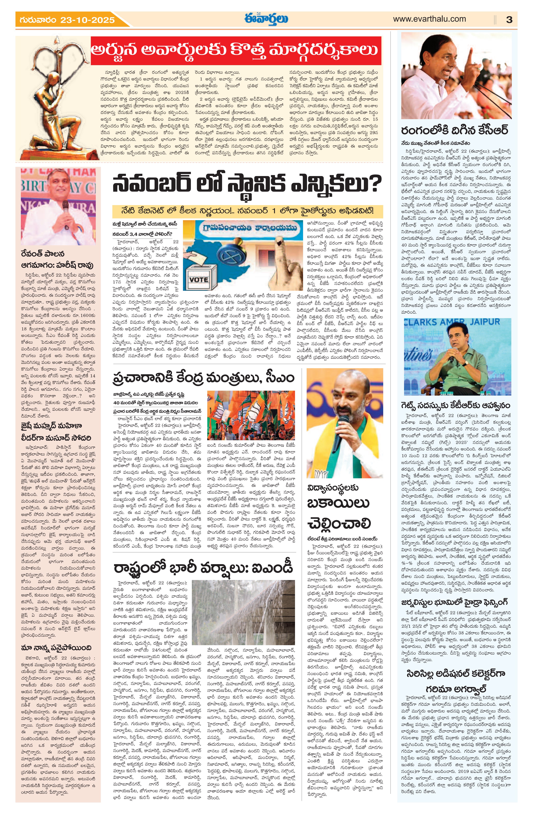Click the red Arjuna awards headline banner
(x=236, y=51)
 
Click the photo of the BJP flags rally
(x=251, y=416)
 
